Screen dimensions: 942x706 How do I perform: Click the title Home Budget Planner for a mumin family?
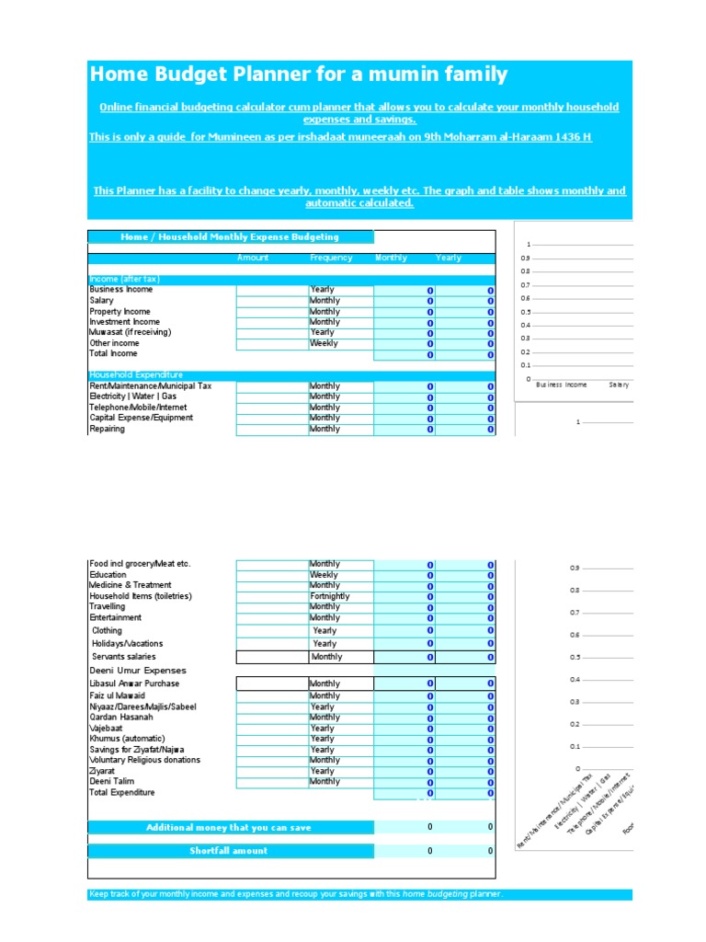298,75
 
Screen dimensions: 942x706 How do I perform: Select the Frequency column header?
331,258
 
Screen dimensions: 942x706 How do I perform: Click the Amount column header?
253,258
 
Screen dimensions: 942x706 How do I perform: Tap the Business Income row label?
121,290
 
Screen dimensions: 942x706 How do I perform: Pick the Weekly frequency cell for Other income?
324,343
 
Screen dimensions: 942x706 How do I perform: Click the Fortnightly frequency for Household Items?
330,596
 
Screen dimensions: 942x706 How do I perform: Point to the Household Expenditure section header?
136,375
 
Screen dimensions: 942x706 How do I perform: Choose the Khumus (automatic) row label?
128,739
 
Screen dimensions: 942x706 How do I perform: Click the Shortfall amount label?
229,851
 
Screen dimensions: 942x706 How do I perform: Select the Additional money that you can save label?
229,828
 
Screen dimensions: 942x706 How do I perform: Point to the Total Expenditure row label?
122,793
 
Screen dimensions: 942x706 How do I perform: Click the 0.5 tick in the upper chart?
526,312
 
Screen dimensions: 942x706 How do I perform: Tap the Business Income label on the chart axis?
561,385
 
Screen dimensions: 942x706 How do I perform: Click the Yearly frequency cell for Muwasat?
323,332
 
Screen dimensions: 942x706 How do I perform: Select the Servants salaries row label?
124,657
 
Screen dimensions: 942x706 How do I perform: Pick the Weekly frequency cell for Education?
324,575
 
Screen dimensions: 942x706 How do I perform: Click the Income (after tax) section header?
127,280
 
